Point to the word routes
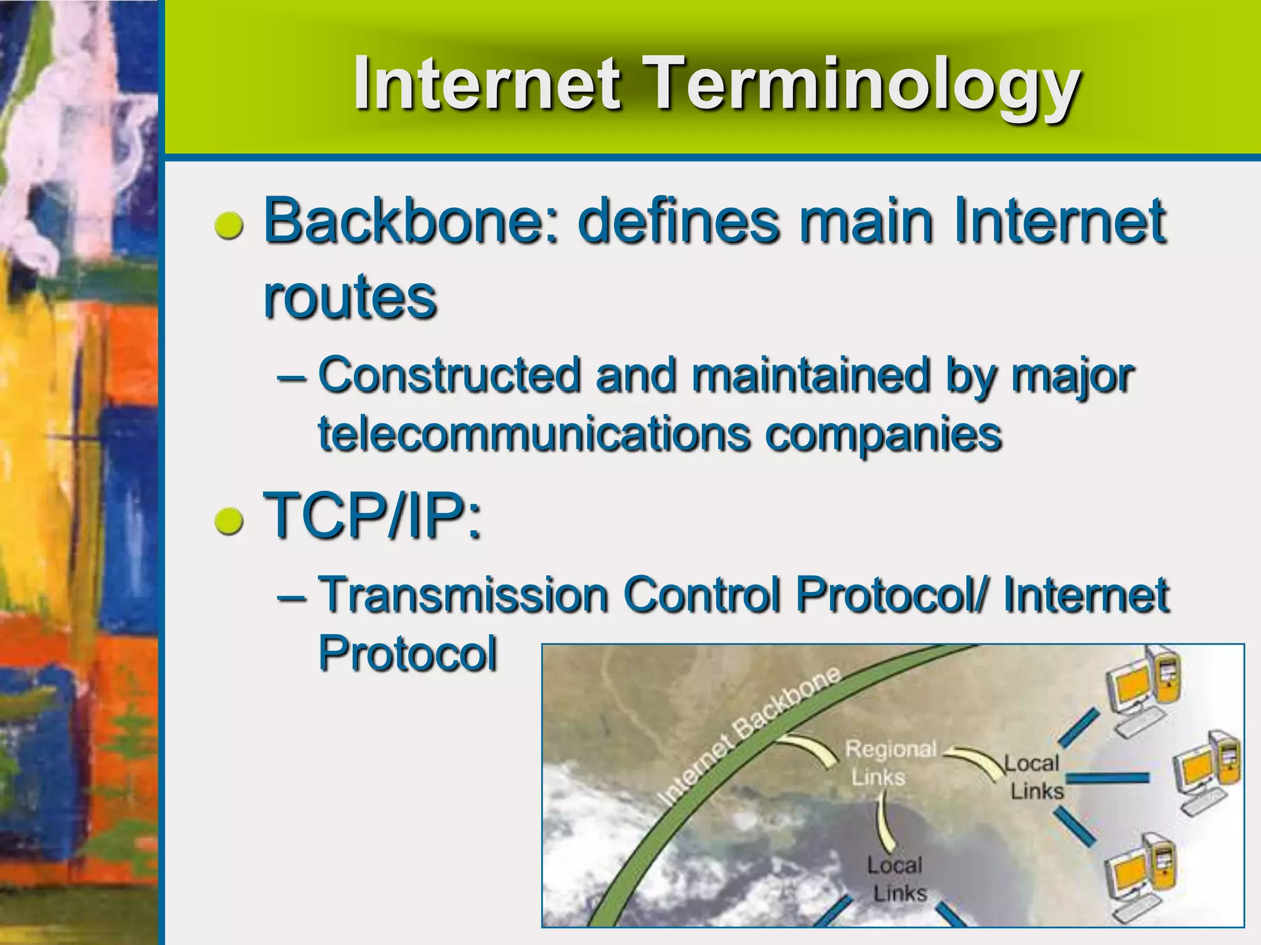pyautogui.click(x=350, y=297)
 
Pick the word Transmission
pyautogui.click(x=465, y=594)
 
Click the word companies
pyautogui.click(x=884, y=434)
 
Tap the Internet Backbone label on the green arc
pyautogui.click(x=748, y=735)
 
